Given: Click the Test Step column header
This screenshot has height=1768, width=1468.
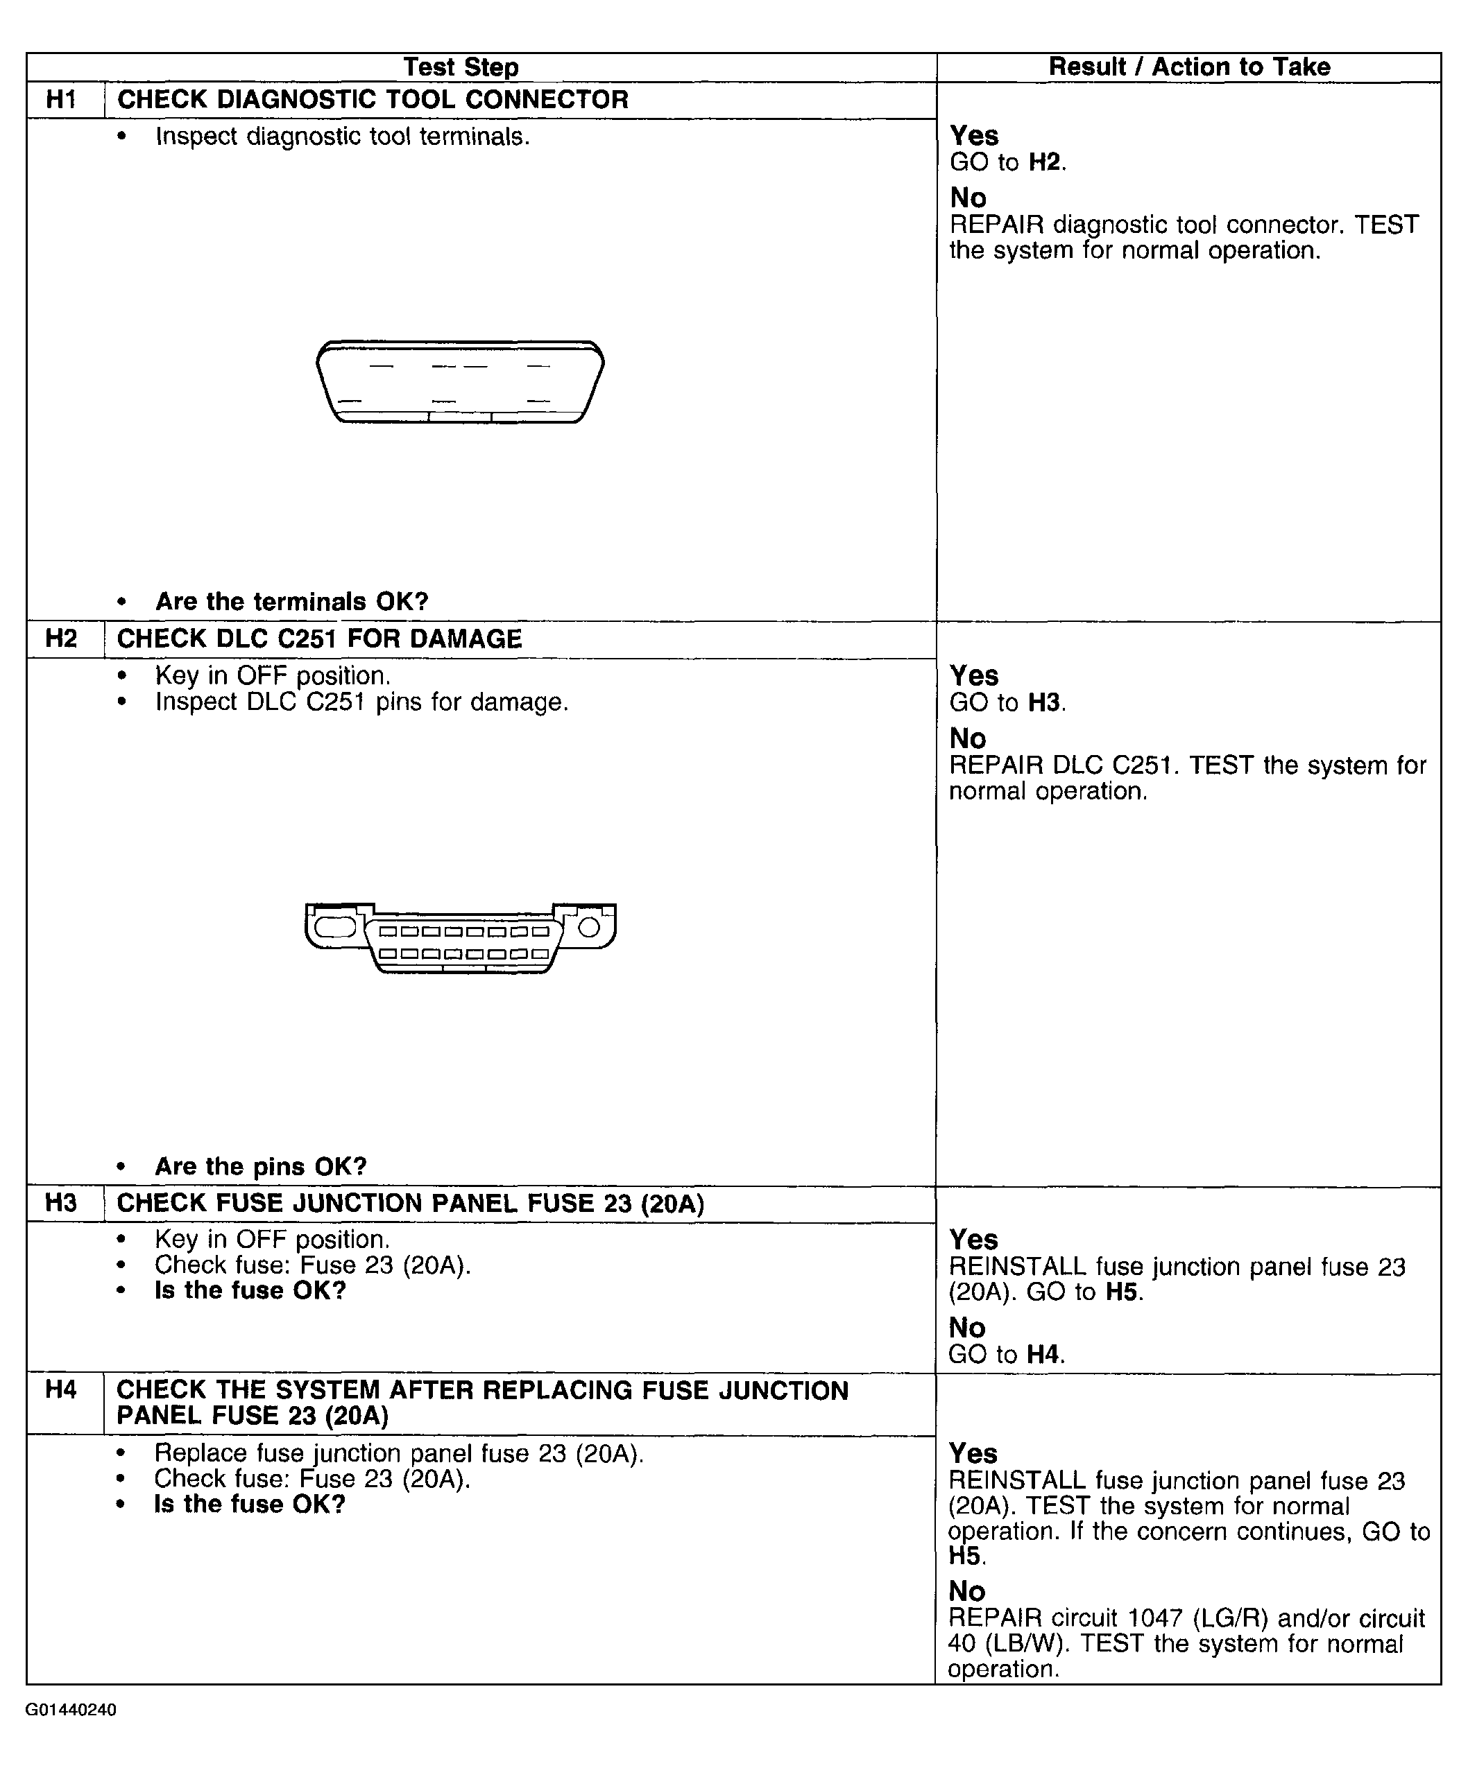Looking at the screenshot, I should (461, 67).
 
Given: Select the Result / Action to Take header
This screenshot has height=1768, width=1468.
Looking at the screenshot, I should (1188, 67).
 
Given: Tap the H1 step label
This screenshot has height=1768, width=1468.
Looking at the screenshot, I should (62, 99).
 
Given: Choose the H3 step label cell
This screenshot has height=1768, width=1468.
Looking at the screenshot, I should (62, 1202).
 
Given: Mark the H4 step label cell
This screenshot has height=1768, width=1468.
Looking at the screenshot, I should (62, 1389).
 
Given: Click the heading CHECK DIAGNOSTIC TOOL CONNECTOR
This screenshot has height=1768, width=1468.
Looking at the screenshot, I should (373, 99).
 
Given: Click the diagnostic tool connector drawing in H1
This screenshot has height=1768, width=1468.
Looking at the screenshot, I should (460, 381).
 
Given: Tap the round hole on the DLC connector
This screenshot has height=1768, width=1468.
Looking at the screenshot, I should (589, 928).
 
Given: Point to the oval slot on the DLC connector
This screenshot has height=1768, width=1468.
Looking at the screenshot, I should (335, 928).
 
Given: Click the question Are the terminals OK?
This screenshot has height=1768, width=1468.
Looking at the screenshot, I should (291, 601).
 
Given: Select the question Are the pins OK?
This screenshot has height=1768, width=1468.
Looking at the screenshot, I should (261, 1166).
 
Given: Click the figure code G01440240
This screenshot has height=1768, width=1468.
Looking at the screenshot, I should (71, 1710).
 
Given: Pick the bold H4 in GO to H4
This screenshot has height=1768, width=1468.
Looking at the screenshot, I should (1044, 1355).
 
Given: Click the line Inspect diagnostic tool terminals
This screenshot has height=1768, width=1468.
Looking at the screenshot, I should (342, 137).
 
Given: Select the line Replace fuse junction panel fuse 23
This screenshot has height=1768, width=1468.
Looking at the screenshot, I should (398, 1453).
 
